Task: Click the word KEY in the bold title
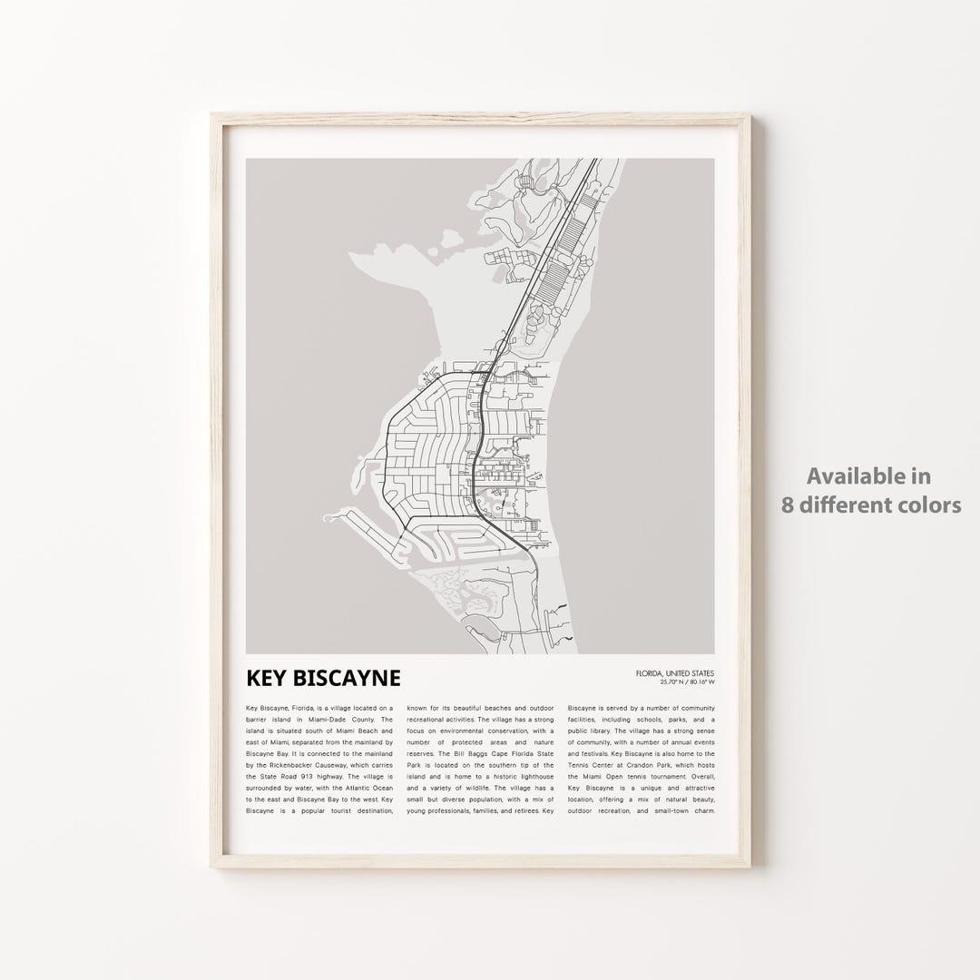coord(269,679)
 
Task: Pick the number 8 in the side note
coord(789,505)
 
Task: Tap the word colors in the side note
coord(929,505)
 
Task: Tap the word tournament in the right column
coord(680,777)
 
